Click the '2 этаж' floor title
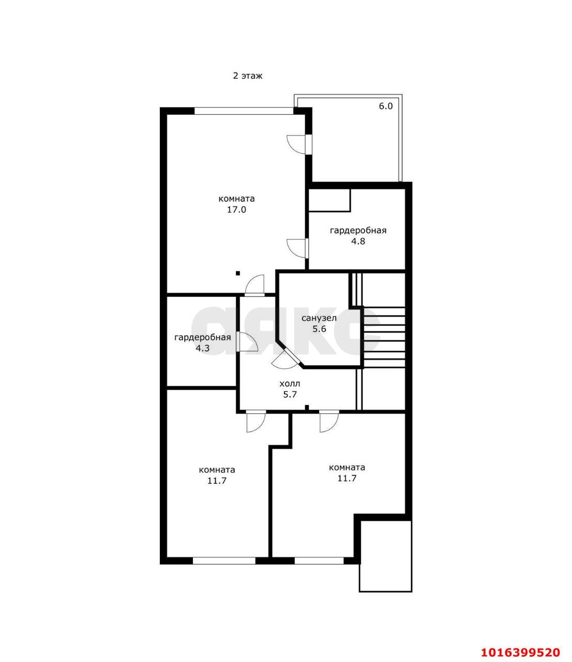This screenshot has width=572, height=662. (x=248, y=76)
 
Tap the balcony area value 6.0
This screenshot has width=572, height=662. (x=386, y=106)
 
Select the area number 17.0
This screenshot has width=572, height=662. (x=237, y=210)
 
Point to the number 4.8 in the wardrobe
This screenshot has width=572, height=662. (x=358, y=241)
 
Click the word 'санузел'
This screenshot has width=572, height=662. (x=319, y=318)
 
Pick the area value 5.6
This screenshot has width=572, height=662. (x=319, y=328)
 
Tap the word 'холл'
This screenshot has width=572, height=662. (x=290, y=384)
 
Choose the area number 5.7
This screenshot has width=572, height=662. (x=290, y=394)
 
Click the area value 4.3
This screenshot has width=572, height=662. (x=202, y=348)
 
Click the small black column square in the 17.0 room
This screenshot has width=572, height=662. (x=238, y=273)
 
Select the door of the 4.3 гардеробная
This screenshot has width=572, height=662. (x=248, y=342)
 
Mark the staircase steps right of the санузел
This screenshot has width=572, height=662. (x=384, y=337)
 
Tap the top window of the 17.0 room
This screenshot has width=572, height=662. (x=244, y=111)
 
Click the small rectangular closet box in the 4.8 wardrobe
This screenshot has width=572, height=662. (x=329, y=200)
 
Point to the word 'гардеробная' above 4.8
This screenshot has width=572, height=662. (x=358, y=231)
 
